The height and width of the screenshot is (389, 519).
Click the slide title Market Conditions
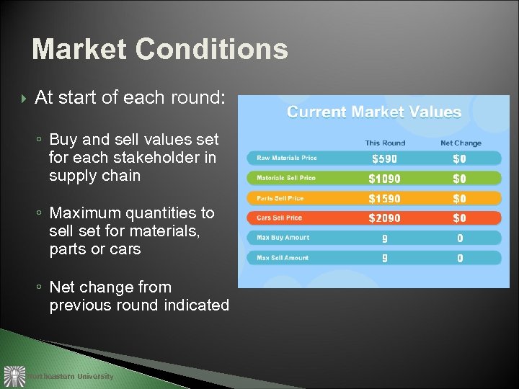tap(160, 50)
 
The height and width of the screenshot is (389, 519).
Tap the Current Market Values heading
tap(374, 112)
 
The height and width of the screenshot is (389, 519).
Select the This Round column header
tap(385, 143)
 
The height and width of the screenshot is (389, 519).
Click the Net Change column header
tap(461, 143)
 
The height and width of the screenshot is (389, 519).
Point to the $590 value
tap(384, 158)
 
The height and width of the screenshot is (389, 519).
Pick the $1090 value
tap(384, 179)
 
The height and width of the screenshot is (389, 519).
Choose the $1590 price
tap(384, 198)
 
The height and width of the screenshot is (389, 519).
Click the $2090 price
tap(384, 218)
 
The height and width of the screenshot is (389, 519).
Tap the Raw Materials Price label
tap(287, 158)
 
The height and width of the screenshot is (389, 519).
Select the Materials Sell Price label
tap(286, 178)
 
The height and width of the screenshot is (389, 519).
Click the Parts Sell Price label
tap(280, 198)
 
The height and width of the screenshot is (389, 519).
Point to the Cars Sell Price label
tap(280, 218)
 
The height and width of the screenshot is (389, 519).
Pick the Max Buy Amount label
tap(283, 238)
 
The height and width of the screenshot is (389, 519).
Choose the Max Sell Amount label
tap(283, 257)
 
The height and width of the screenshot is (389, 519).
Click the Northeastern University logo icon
tap(14, 376)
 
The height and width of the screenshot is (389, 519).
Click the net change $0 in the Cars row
tap(459, 218)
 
